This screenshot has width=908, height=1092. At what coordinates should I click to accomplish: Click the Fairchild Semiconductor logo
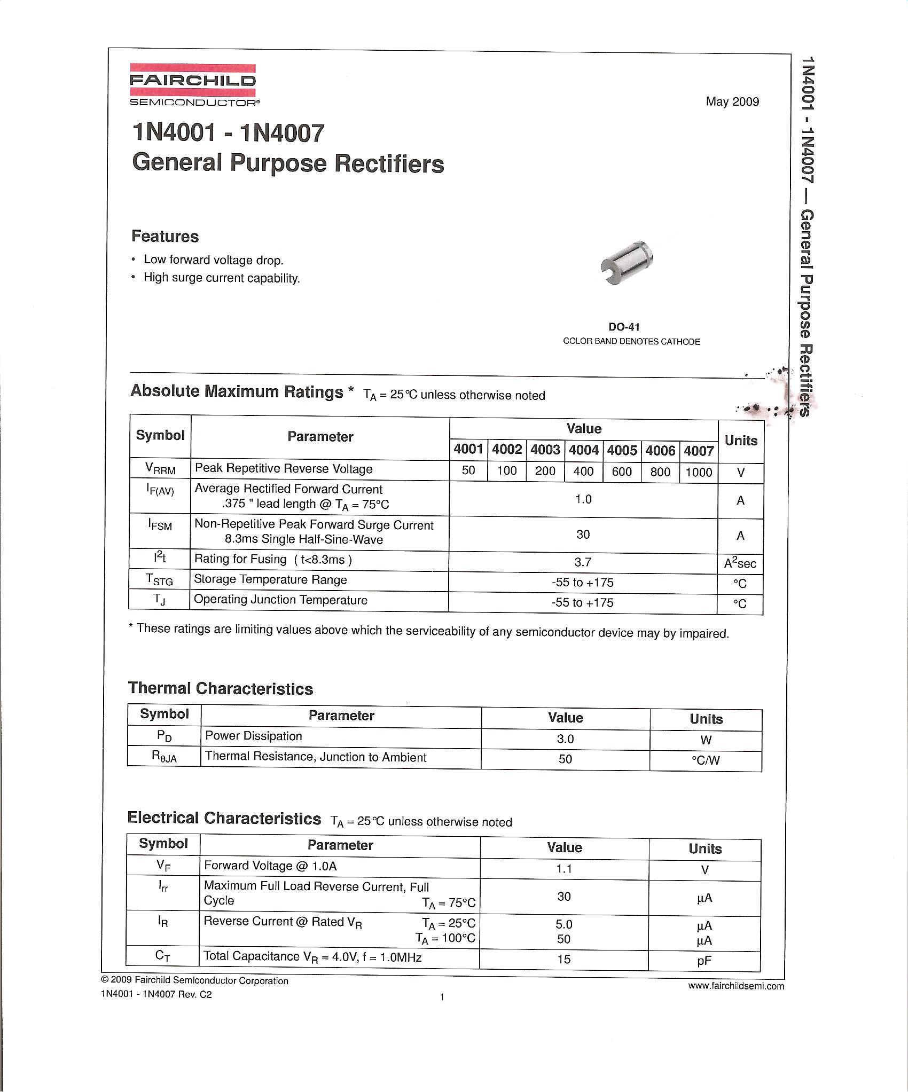tap(193, 84)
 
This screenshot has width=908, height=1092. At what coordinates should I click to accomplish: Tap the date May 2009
tap(732, 101)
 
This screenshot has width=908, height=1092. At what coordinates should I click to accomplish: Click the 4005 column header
tap(622, 451)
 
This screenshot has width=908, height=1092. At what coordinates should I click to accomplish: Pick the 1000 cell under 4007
tap(699, 472)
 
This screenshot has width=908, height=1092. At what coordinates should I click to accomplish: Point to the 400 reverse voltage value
tap(583, 472)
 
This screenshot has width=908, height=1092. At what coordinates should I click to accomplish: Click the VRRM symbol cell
tap(160, 469)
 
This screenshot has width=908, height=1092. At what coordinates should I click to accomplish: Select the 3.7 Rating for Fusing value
tap(583, 562)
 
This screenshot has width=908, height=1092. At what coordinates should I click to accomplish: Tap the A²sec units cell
tap(740, 563)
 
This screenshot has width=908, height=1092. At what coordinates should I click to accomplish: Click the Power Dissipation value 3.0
tap(565, 739)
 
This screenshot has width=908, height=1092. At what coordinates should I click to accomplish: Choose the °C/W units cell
tap(706, 760)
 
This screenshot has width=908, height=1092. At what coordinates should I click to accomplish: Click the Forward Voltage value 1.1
tap(564, 869)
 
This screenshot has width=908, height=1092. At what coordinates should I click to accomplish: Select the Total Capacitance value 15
tap(564, 959)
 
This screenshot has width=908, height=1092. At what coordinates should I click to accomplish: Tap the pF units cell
tap(704, 961)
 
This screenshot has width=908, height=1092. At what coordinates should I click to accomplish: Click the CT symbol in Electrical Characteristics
tap(163, 956)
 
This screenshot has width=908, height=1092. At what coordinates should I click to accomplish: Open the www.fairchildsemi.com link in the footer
tap(736, 986)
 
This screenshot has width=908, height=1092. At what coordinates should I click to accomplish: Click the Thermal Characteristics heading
tap(221, 688)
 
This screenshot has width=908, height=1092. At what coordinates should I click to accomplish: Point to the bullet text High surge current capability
tap(222, 278)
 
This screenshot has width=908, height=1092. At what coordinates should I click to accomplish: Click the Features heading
tap(165, 237)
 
